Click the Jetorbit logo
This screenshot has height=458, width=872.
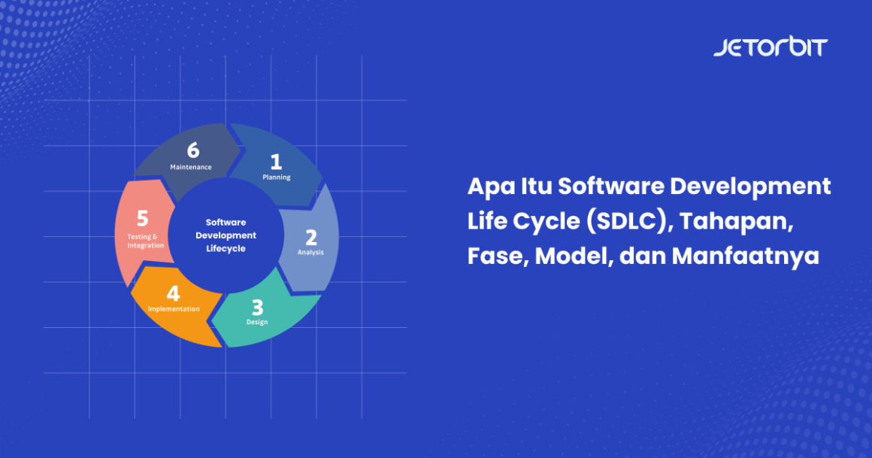tap(770, 47)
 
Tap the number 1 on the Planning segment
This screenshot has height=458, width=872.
tap(276, 161)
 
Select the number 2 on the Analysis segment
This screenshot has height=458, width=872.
tap(310, 238)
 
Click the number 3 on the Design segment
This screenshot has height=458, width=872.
tap(257, 308)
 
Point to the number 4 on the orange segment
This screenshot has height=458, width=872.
tap(173, 293)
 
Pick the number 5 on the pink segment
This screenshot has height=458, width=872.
tap(143, 219)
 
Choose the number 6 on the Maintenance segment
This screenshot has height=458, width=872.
tap(193, 150)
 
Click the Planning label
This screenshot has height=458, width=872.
tap(276, 177)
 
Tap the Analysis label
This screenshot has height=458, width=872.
tap(310, 253)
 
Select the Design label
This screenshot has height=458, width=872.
tap(257, 322)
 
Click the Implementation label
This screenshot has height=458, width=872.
tap(174, 309)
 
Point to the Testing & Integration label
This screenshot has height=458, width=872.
tap(145, 241)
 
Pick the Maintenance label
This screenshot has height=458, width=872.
tap(191, 167)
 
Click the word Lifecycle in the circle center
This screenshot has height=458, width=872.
tap(226, 249)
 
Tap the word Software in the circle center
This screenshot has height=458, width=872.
tap(226, 222)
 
